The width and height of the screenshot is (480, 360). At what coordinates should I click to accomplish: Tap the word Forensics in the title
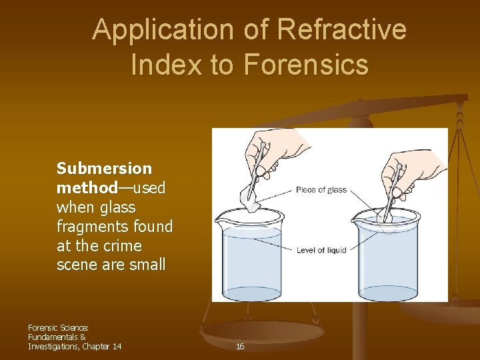click(x=306, y=65)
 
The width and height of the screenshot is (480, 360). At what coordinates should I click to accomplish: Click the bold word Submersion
click(x=104, y=169)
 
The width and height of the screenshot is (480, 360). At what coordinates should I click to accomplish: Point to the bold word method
click(x=87, y=188)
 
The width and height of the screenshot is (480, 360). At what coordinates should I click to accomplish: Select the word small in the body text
click(x=147, y=265)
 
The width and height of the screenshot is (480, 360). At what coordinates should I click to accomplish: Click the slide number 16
click(x=240, y=347)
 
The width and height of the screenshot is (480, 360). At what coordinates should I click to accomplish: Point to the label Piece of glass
click(x=321, y=190)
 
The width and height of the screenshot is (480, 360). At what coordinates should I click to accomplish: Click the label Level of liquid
click(x=321, y=249)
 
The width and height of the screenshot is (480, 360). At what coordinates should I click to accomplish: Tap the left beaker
click(x=249, y=257)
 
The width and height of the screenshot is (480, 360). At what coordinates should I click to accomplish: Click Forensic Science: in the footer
click(x=59, y=327)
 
